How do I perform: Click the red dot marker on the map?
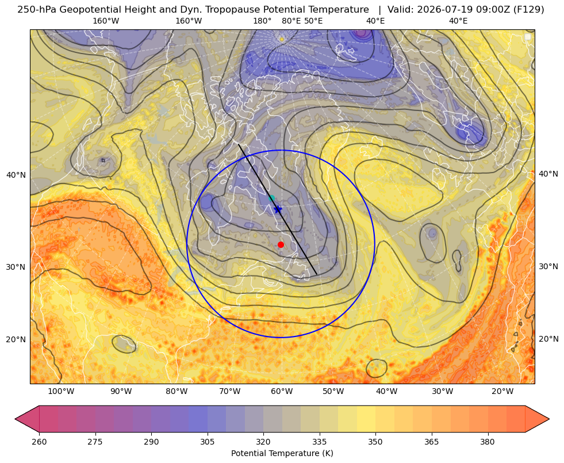coord(281,244)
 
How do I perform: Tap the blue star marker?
coord(278,209)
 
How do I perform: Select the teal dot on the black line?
coord(271,198)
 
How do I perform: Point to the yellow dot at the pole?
coord(282,39)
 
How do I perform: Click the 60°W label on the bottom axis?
coord(282,391)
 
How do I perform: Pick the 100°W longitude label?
coord(61,391)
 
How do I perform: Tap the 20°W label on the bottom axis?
coord(502,391)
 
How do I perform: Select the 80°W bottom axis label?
coord(177,391)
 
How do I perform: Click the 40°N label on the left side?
coord(16,175)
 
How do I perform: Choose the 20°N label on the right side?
coord(548,339)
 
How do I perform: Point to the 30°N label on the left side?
coord(16,267)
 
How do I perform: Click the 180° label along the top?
coord(262,21)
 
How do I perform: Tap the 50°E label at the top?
coord(313,21)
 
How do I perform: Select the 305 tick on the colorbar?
coord(207,441)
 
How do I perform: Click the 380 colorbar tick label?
coord(488,441)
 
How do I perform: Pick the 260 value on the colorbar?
coord(39,441)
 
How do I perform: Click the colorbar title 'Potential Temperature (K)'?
coord(282,453)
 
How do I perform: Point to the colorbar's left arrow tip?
coord(15,419)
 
